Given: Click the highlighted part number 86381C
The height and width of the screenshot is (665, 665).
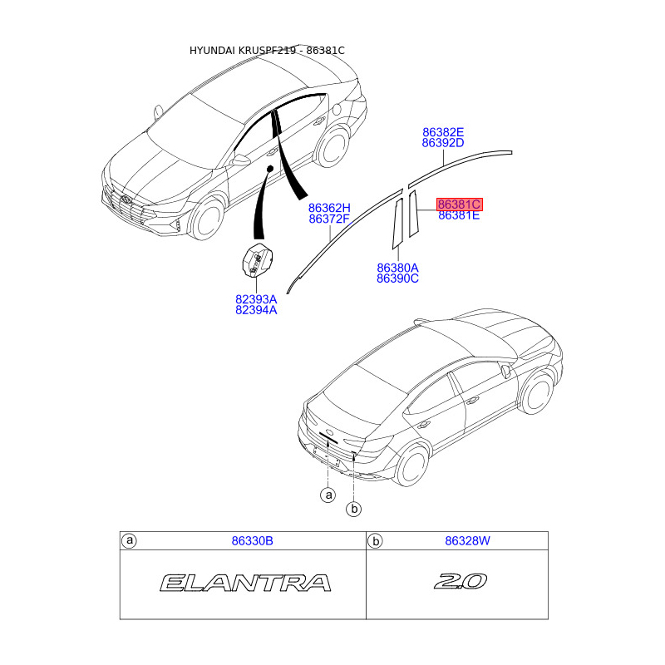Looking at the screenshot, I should (x=460, y=204).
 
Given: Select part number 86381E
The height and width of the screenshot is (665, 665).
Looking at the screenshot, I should (x=459, y=215).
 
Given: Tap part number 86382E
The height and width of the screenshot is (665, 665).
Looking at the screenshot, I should (x=442, y=132).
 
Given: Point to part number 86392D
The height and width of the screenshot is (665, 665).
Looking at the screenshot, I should (x=442, y=143).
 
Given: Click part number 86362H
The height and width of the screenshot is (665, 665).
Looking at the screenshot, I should (x=329, y=208).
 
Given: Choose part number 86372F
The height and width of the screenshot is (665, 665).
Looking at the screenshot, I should (x=329, y=219).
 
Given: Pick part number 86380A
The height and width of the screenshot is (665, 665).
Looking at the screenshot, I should (x=397, y=268).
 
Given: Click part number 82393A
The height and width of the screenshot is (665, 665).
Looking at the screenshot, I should (x=256, y=299).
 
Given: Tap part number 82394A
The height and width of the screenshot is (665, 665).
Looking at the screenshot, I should (x=256, y=310).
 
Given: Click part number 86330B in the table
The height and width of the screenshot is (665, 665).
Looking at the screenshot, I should (x=252, y=541).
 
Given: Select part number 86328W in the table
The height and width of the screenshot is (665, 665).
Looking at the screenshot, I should (x=468, y=541).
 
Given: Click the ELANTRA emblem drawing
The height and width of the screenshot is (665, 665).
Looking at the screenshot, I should (x=246, y=583).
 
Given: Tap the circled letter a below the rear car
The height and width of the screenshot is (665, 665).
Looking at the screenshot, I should (x=328, y=495).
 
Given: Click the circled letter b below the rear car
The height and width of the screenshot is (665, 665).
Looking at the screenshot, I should (x=354, y=509).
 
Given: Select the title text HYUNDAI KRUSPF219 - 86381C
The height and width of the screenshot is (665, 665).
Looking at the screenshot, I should (x=267, y=51).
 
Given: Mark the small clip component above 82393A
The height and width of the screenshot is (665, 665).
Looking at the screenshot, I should (x=257, y=260).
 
